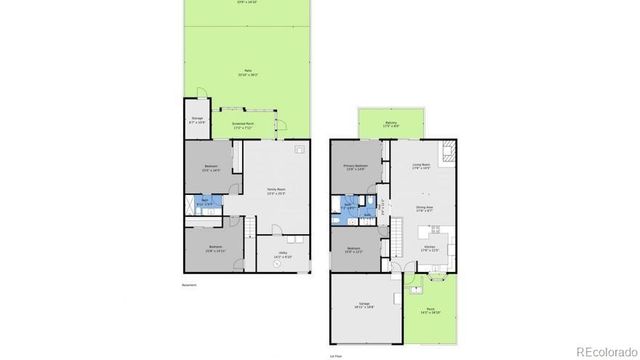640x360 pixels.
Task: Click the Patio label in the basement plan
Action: pyautogui.click(x=247, y=71)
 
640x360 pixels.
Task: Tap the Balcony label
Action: pyautogui.click(x=390, y=123)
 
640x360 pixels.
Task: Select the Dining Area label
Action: pyautogui.click(x=424, y=208)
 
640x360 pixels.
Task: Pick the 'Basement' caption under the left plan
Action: pyautogui.click(x=189, y=285)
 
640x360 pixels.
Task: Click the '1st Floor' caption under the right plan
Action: pyautogui.click(x=339, y=354)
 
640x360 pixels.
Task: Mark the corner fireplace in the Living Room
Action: pyautogui.click(x=450, y=152)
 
